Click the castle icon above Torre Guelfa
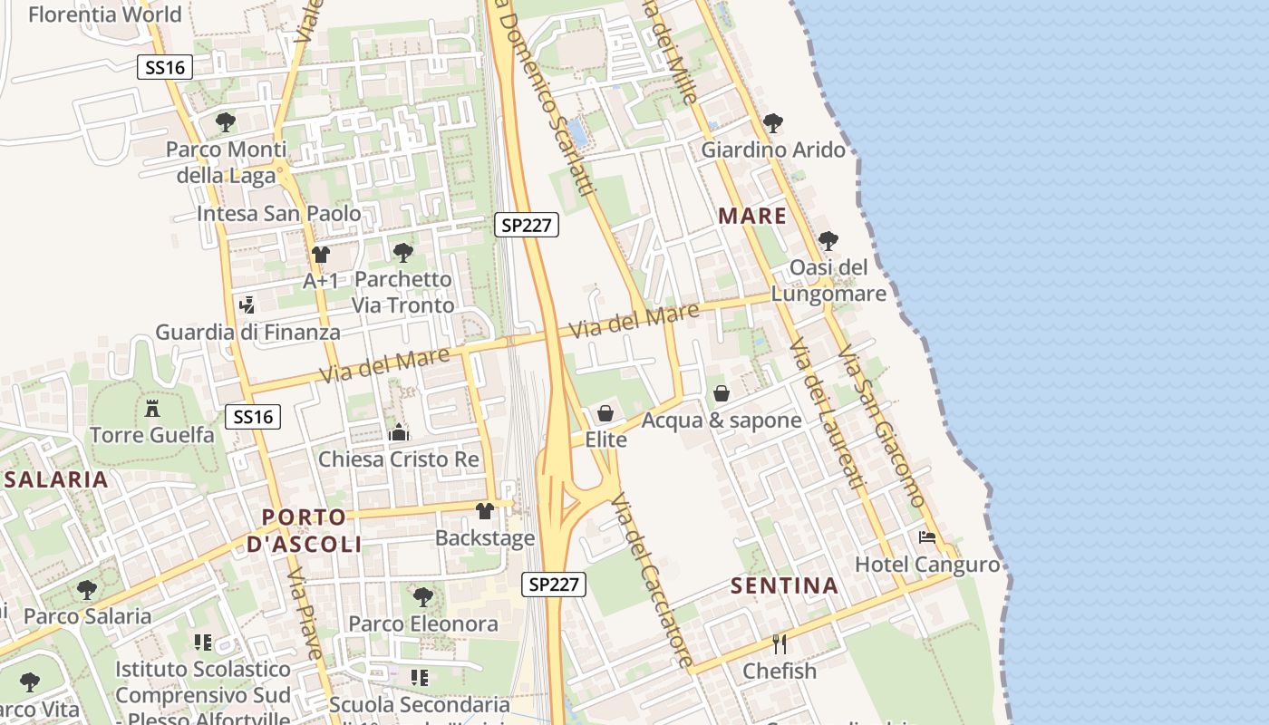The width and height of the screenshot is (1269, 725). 152,409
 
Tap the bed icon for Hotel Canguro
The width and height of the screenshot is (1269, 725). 926,537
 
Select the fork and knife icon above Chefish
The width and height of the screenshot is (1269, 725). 779,644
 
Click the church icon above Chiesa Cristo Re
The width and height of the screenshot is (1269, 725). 398,432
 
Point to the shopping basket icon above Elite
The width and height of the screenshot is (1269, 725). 605,413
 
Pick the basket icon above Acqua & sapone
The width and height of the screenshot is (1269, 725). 722,393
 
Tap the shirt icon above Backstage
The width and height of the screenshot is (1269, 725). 485,511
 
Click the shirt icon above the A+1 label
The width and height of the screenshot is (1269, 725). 320,254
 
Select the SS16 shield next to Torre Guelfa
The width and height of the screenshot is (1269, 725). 253,417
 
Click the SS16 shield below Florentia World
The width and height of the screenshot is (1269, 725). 165,66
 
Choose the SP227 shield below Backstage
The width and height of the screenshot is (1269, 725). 554,585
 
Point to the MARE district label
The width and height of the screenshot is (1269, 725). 752,216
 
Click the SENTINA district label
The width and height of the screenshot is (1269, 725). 784,585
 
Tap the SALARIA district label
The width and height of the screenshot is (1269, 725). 56,479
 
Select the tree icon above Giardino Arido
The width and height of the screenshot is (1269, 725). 773,122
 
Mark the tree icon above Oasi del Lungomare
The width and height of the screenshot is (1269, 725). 828,241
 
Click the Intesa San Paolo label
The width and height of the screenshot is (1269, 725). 279,215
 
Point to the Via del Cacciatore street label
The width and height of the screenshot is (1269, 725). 653,580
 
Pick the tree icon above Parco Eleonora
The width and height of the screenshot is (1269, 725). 422,597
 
